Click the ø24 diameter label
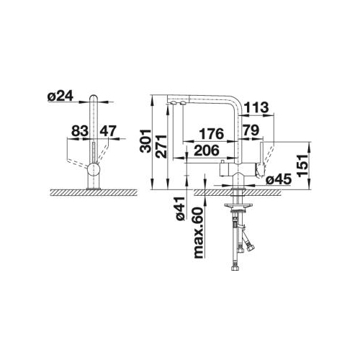(x=60, y=96)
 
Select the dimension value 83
(x=79, y=131)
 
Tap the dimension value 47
(x=108, y=131)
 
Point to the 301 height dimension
(x=145, y=141)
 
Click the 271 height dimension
(x=161, y=146)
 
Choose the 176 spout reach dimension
(x=212, y=134)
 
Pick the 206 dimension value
(x=207, y=150)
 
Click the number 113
(x=256, y=107)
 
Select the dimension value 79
(x=251, y=130)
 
